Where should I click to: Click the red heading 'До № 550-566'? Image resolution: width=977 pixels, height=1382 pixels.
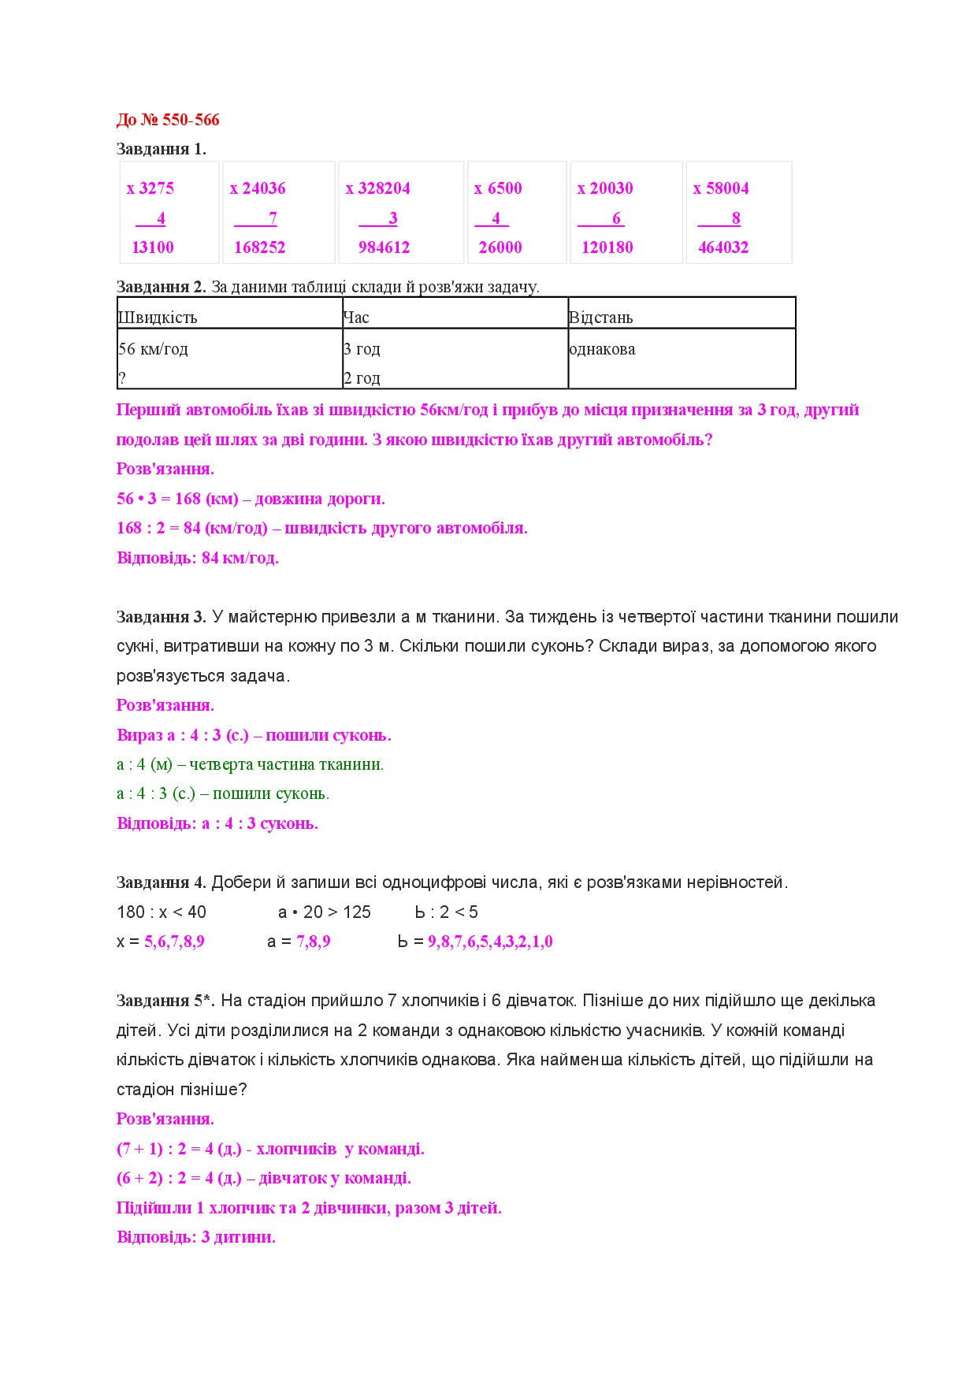pyautogui.click(x=168, y=120)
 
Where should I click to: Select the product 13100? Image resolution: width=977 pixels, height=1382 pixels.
pyautogui.click(x=153, y=247)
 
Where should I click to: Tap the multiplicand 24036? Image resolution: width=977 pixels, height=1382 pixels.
pyautogui.click(x=263, y=188)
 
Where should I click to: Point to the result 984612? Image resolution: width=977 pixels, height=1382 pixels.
pyautogui.click(x=384, y=247)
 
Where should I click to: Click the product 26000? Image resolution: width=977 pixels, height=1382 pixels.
pyautogui.click(x=500, y=247)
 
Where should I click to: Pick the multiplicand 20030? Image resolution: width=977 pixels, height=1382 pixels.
pyautogui.click(x=611, y=188)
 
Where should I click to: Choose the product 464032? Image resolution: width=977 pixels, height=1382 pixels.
pyautogui.click(x=723, y=247)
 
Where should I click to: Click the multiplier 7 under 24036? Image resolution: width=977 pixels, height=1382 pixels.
pyautogui.click(x=273, y=218)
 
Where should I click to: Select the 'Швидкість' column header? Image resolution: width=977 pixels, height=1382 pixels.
pyautogui.click(x=158, y=318)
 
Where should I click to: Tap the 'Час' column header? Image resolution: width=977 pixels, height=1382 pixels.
pyautogui.click(x=356, y=318)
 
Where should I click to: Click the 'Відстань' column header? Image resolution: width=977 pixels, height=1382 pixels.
pyautogui.click(x=601, y=318)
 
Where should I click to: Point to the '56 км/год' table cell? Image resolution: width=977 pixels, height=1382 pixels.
pyautogui.click(x=154, y=349)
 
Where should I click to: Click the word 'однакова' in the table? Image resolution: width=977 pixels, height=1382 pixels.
pyautogui.click(x=602, y=349)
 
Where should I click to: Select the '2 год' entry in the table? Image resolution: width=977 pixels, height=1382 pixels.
pyautogui.click(x=362, y=378)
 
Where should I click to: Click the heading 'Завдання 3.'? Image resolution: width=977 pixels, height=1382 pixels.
pyautogui.click(x=162, y=617)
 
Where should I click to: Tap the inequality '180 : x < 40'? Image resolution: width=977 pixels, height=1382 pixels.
pyautogui.click(x=162, y=912)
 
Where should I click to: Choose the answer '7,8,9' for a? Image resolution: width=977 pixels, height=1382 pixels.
pyautogui.click(x=314, y=942)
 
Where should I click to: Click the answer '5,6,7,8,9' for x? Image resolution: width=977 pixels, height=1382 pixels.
pyautogui.click(x=174, y=942)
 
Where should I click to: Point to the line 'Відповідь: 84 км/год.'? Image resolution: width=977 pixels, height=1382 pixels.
pyautogui.click(x=198, y=558)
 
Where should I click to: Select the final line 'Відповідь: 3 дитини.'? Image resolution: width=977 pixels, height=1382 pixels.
pyautogui.click(x=196, y=1237)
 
